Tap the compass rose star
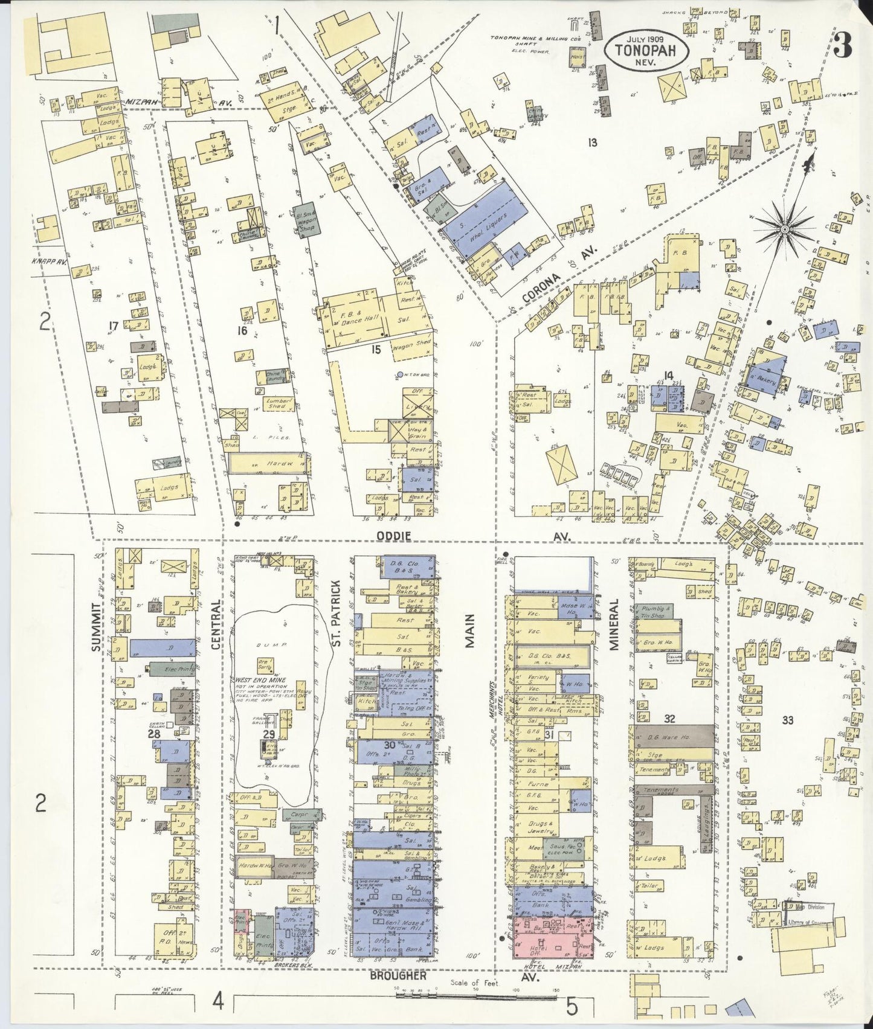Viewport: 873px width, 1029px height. point(784,229)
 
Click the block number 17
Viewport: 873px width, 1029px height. point(113,327)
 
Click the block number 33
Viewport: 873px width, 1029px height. point(787,720)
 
